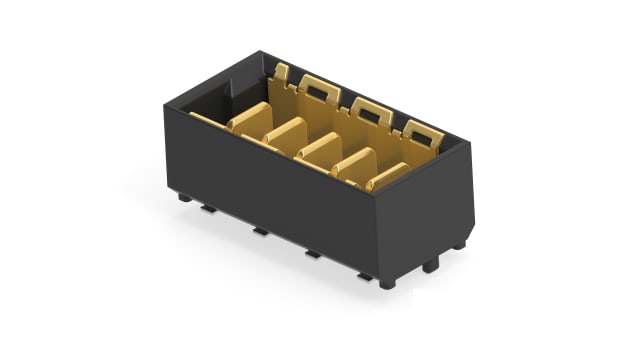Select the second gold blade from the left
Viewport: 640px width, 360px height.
286,132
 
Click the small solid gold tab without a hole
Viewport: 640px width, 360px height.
282,72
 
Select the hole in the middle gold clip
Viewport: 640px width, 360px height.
371,109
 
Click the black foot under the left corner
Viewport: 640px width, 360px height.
185,197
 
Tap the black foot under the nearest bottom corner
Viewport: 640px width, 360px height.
387,283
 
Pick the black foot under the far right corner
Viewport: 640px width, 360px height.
459,244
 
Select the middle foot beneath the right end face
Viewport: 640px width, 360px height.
430,266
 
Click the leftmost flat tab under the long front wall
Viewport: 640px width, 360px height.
207,209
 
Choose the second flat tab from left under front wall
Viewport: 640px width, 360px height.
260,231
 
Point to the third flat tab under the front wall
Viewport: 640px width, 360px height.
313,254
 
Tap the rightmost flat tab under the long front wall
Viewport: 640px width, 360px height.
364,275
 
